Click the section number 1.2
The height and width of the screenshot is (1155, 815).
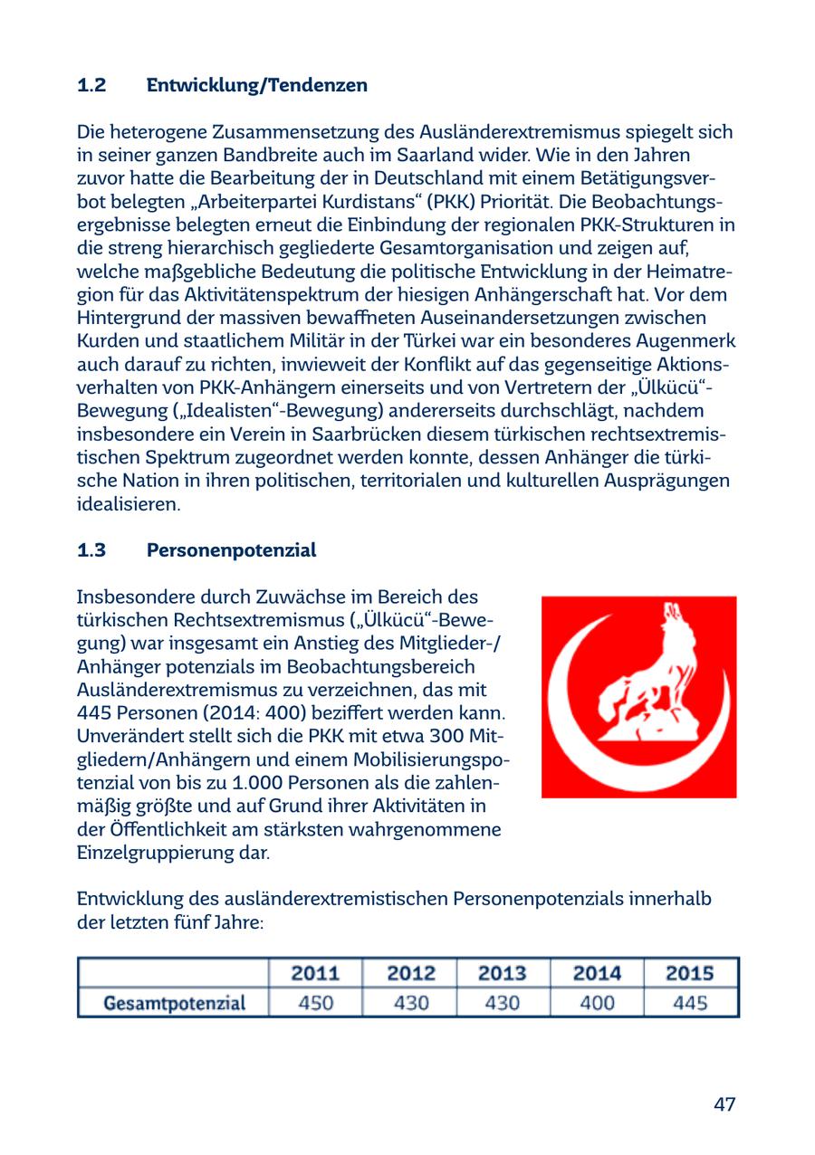click(91, 86)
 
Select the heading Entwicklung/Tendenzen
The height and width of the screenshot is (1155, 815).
click(257, 86)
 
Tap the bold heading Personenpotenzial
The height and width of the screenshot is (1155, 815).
click(231, 550)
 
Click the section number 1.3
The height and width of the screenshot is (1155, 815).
click(91, 550)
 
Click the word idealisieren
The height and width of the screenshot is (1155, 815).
click(128, 504)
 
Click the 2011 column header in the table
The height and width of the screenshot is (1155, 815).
click(315, 973)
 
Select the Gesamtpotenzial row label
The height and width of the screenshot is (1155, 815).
click(174, 1003)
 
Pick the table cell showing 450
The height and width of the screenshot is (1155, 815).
click(315, 1003)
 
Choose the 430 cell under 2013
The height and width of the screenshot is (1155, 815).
click(503, 1003)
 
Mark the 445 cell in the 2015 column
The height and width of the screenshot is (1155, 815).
click(690, 1003)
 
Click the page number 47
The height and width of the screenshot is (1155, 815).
click(724, 1104)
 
